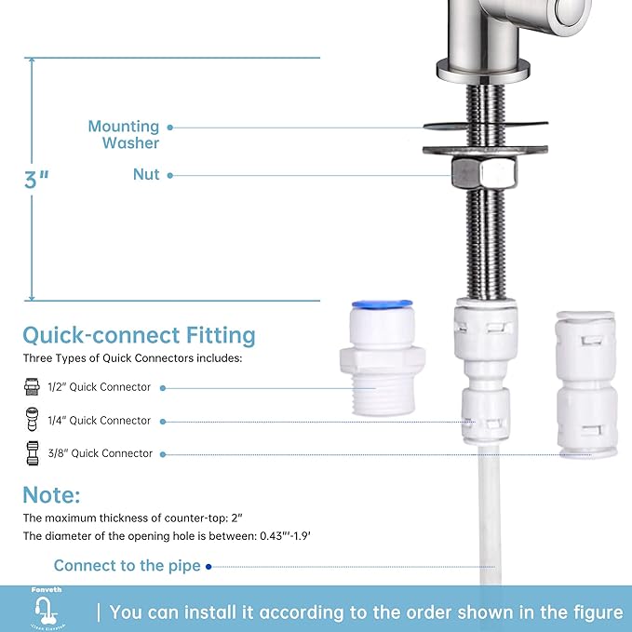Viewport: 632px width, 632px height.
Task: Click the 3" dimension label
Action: click(36, 179)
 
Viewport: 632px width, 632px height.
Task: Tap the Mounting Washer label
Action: click(124, 134)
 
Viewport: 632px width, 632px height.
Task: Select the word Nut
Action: click(146, 174)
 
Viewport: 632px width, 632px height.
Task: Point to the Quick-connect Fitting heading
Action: click(139, 335)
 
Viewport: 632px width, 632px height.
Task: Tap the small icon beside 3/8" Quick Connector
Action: click(32, 453)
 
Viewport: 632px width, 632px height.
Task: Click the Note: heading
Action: click(52, 494)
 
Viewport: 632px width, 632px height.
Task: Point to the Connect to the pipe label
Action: click(127, 566)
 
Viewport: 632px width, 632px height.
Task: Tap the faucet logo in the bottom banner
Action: click(44, 612)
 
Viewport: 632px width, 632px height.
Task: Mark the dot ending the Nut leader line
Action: click(169, 175)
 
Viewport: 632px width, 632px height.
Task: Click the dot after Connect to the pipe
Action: click(208, 566)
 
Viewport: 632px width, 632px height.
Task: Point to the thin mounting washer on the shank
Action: click(484, 125)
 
